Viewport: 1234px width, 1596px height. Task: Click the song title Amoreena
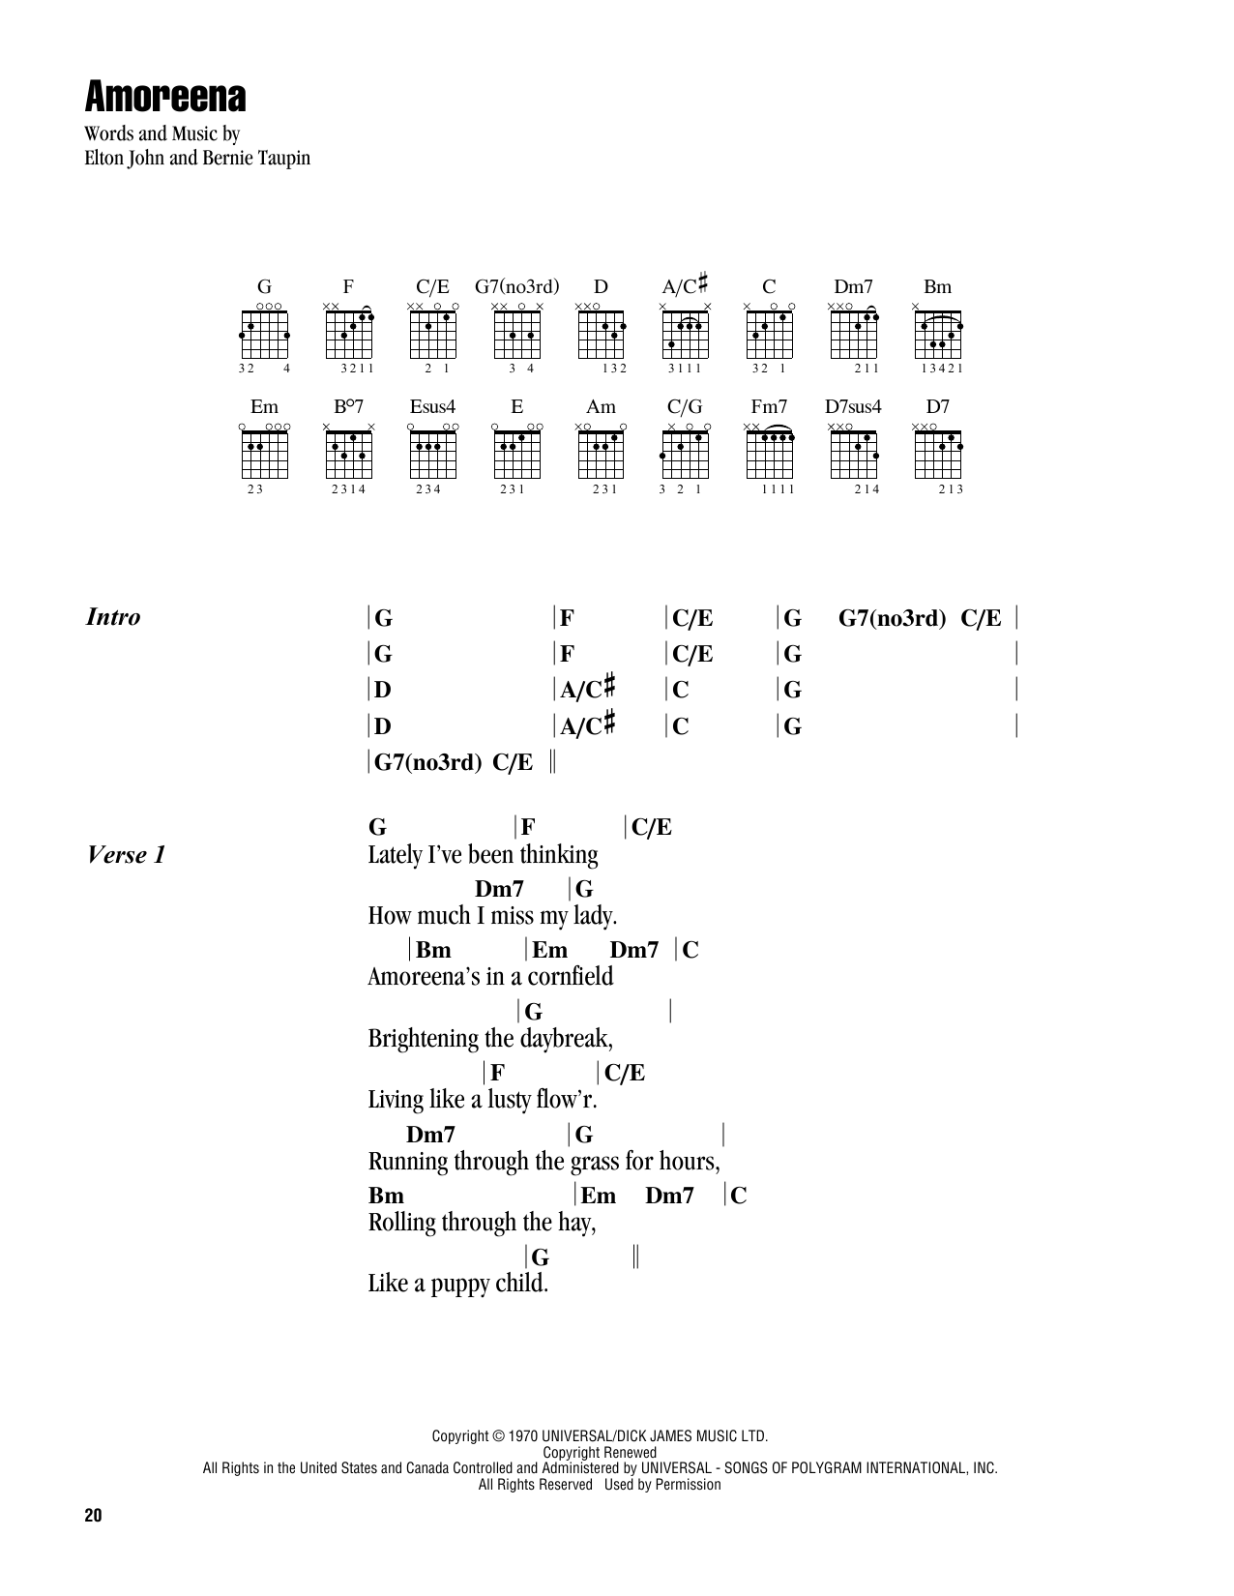point(165,97)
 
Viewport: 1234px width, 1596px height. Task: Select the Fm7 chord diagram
point(770,453)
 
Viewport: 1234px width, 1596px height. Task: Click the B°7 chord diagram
point(348,453)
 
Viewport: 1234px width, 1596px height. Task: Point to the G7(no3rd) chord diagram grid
point(516,333)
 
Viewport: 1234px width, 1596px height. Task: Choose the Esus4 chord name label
point(432,407)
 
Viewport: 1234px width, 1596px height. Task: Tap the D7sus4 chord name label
point(853,407)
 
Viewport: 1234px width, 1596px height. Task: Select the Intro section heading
point(113,617)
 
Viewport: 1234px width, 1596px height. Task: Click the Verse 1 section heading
point(127,855)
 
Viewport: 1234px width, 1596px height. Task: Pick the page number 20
point(92,1516)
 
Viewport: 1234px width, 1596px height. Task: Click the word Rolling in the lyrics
point(401,1223)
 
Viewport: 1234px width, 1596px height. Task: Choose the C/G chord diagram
point(686,453)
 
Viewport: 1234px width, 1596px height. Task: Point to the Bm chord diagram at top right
point(938,333)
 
